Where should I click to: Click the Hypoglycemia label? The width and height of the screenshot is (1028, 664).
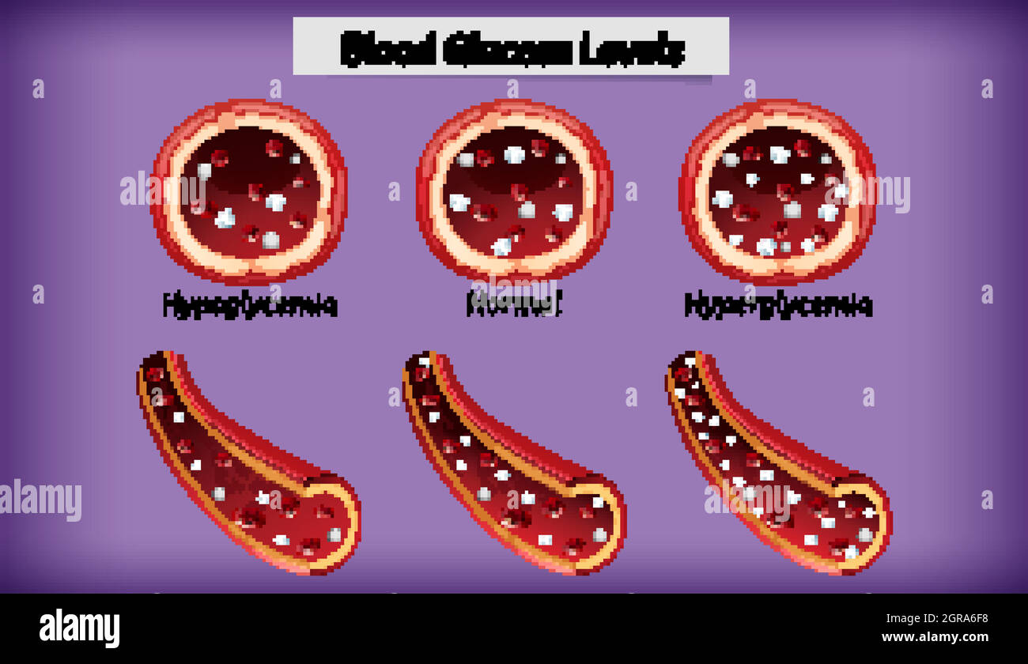click(x=250, y=305)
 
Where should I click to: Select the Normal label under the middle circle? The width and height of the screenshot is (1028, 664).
click(x=514, y=305)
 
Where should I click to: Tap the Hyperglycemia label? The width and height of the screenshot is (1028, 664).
click(x=778, y=305)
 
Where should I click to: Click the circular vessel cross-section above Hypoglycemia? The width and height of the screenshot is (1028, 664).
click(x=249, y=191)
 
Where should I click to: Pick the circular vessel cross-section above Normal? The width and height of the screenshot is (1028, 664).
click(x=514, y=191)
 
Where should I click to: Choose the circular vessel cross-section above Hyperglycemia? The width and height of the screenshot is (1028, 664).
click(x=777, y=191)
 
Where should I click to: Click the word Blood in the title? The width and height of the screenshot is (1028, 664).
click(x=388, y=49)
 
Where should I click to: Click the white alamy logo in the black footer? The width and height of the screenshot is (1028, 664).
click(x=79, y=628)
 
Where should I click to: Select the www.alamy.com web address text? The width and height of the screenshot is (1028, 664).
click(x=935, y=637)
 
